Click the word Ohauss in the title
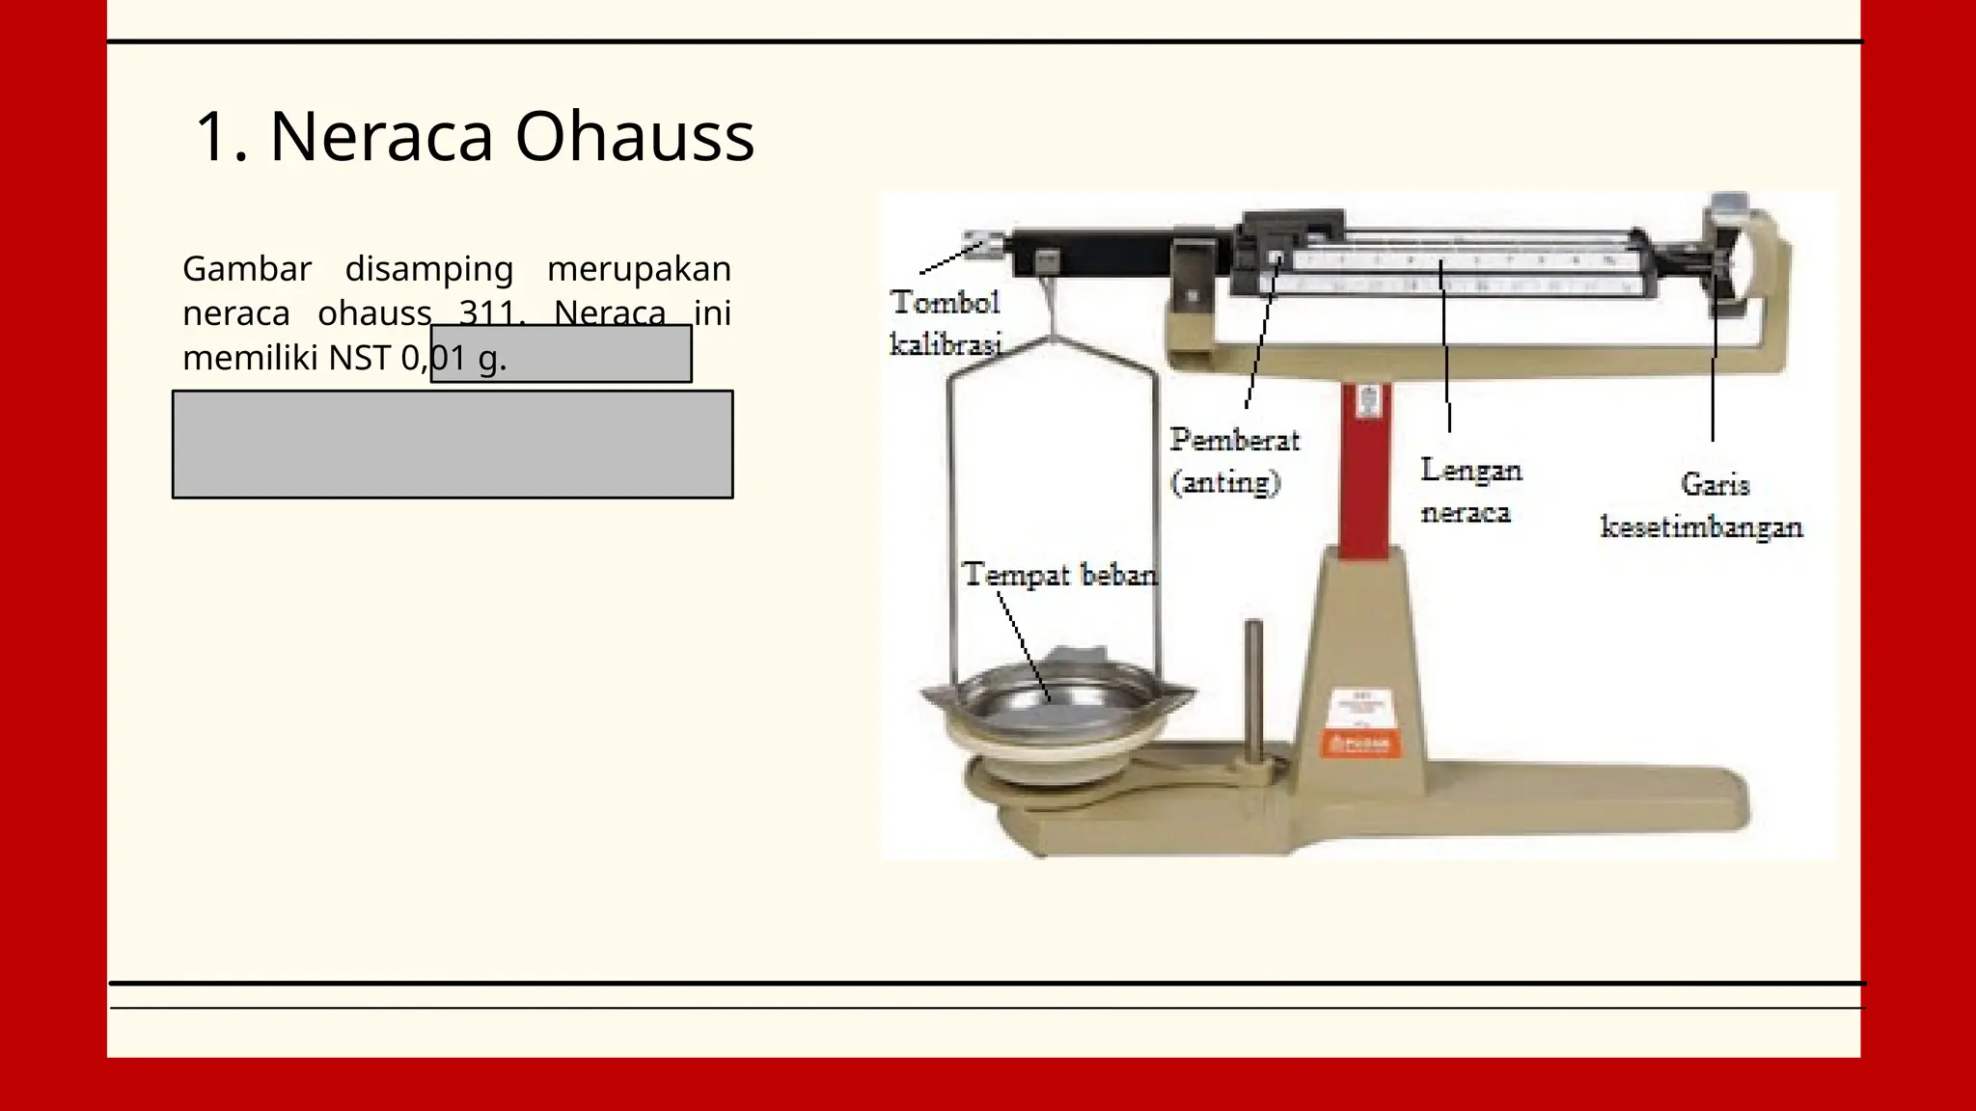634,136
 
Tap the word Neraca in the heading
381,136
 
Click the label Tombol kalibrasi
945,322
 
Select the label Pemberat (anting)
1234,460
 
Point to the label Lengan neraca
1470,490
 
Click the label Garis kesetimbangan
1702,504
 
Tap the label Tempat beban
1059,575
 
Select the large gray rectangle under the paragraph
453,444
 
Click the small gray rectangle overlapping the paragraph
561,354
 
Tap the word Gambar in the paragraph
247,268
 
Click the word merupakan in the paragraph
639,268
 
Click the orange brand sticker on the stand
1359,743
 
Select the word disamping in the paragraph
428,268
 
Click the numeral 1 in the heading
214,136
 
